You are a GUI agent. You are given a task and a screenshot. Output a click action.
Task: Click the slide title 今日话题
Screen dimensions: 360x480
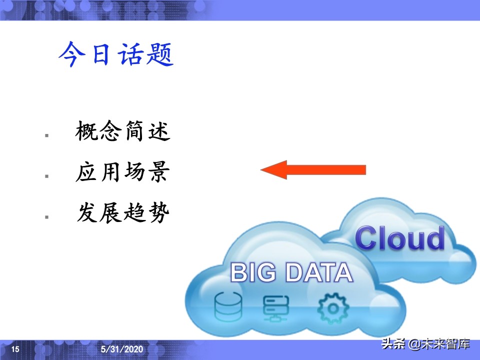tap(115, 54)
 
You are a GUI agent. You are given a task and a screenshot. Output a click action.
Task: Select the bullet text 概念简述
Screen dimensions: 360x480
tap(122, 132)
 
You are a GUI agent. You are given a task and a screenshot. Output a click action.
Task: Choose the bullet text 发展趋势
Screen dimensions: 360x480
tap(122, 213)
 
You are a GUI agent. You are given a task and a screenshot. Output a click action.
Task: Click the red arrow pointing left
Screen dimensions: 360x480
tap(314, 170)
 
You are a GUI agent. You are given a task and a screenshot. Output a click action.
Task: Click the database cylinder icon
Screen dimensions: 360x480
tap(228, 307)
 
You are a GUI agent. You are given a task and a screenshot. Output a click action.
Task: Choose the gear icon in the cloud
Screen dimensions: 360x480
tap(330, 307)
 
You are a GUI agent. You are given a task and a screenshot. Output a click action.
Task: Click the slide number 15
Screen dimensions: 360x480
tap(15, 348)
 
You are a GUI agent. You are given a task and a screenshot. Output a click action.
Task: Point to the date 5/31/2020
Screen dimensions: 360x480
tap(122, 348)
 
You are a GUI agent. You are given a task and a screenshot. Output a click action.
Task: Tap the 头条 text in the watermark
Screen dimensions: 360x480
tap(393, 344)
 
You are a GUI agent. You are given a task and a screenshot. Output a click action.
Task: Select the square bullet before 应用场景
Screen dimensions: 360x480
tap(46, 176)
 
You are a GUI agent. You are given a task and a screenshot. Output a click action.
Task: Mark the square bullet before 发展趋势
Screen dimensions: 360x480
tap(46, 217)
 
